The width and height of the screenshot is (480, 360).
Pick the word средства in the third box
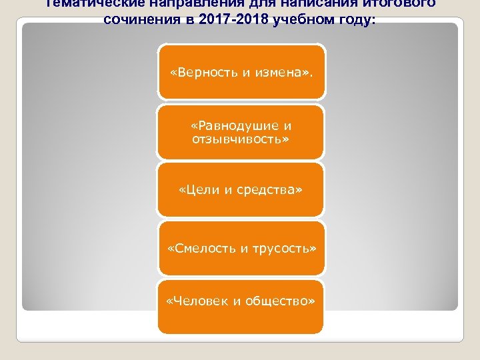click(269, 191)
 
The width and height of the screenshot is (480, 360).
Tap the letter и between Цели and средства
click(229, 191)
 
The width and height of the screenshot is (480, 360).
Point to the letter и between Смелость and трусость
click(244, 248)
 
